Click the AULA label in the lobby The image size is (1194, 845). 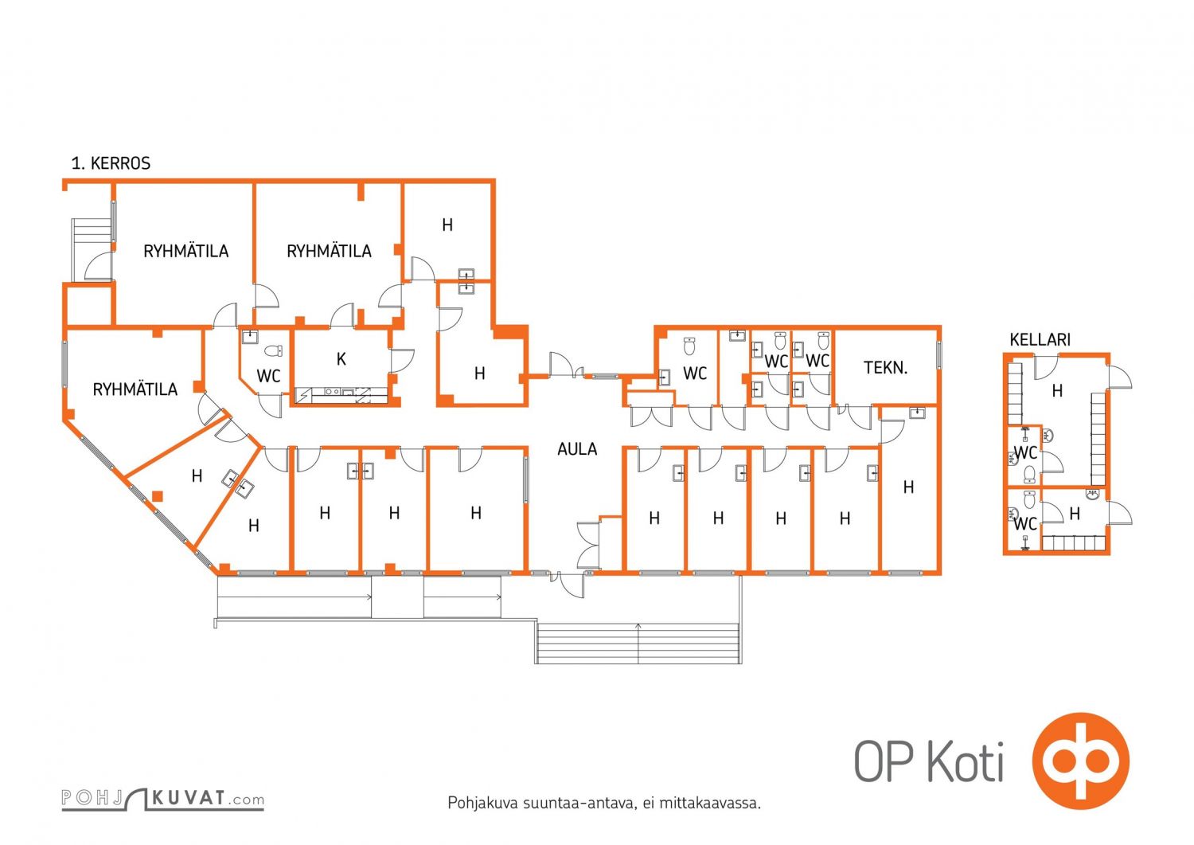pos(577,449)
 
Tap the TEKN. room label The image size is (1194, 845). pos(885,368)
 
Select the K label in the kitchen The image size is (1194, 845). pos(341,359)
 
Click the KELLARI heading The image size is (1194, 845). pos(1040,339)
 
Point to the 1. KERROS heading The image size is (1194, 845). pos(111,163)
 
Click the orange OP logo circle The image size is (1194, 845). pos(1080,761)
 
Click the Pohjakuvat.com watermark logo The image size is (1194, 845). pos(162,799)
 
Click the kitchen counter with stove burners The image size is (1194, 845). pos(341,395)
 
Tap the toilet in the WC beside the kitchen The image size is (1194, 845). pos(274,350)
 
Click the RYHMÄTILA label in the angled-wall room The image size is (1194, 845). pos(135,389)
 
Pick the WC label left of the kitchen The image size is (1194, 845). pos(268,376)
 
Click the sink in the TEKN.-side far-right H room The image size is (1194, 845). pos(917,413)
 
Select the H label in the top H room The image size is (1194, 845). pos(447,225)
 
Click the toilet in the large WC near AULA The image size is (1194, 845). pos(690,346)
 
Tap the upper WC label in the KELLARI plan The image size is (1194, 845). pos(1025,453)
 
